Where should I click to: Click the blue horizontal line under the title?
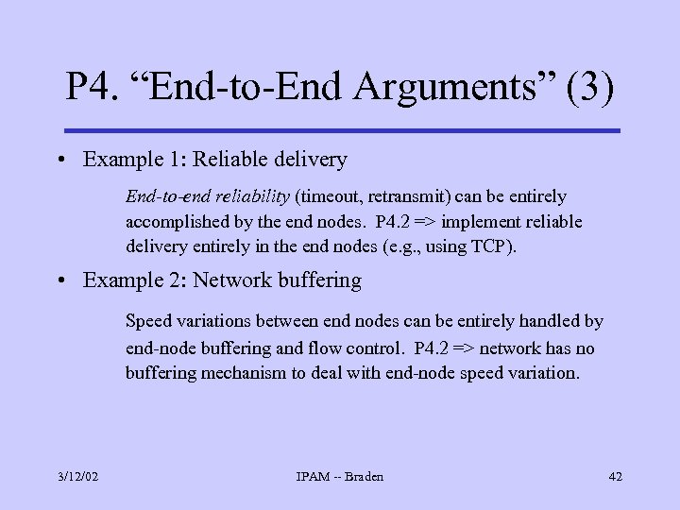click(x=341, y=130)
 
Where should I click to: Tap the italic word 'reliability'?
click(x=249, y=196)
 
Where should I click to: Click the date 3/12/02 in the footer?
click(x=77, y=476)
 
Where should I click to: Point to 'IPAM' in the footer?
click(x=314, y=476)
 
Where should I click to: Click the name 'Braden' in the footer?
click(x=364, y=476)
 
